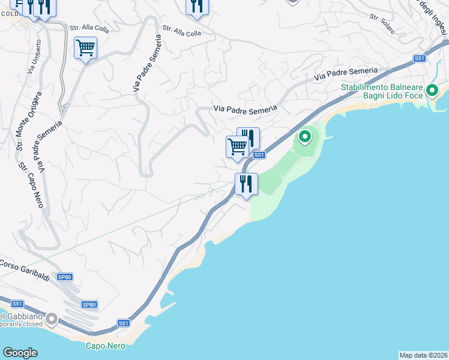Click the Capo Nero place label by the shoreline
click(x=104, y=345)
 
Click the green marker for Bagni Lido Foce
click(x=432, y=92)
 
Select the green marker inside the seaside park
click(x=305, y=137)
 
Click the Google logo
click(x=20, y=353)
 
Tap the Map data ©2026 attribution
click(x=423, y=355)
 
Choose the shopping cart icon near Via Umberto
click(x=86, y=47)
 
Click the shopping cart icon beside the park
click(x=237, y=146)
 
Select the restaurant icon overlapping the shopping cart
click(x=249, y=137)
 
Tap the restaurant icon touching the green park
click(x=246, y=183)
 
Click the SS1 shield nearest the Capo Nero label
click(x=124, y=323)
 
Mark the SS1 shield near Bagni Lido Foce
click(x=419, y=58)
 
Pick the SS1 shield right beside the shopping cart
click(x=259, y=155)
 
